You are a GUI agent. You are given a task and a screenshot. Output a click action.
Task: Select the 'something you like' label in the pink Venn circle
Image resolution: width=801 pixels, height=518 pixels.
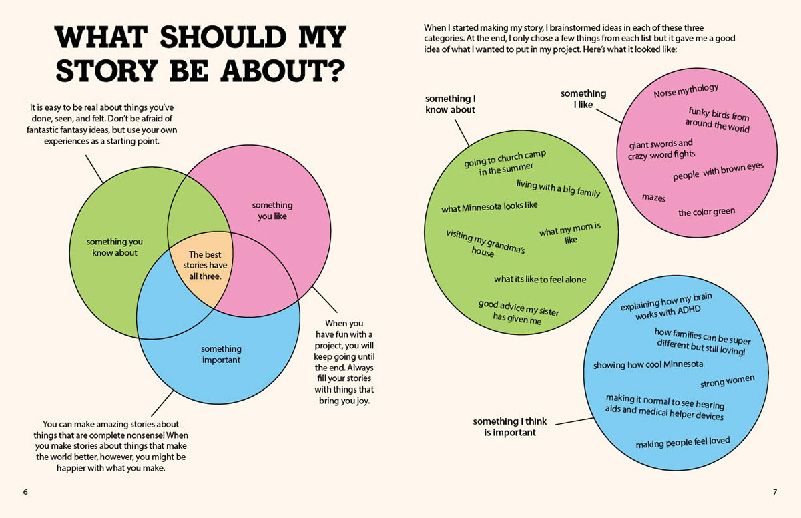[272, 210]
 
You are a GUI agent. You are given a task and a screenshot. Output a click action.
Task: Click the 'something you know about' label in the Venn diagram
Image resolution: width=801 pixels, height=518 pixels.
[115, 247]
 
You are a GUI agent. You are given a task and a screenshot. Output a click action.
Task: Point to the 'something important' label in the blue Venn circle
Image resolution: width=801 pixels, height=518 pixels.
[221, 354]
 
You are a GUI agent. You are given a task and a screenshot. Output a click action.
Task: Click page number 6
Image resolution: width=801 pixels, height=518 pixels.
[25, 492]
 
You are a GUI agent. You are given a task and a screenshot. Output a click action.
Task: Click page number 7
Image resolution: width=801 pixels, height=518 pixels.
[775, 492]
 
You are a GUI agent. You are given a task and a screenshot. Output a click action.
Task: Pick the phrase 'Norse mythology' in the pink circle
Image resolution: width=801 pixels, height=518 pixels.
[686, 90]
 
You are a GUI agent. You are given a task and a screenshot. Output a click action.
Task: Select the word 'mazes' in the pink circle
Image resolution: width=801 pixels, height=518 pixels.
[653, 198]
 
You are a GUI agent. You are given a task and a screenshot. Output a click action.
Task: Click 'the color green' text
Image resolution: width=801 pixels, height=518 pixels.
[706, 212]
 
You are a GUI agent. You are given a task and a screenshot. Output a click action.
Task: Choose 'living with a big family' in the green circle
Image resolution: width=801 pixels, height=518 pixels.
[558, 188]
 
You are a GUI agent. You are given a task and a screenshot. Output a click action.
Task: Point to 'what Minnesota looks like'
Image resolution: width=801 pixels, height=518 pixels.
[489, 207]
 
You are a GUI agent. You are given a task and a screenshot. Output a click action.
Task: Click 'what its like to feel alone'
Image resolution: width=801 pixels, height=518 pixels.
[540, 280]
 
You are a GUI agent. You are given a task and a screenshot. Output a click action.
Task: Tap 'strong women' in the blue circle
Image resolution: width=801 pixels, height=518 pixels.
[727, 382]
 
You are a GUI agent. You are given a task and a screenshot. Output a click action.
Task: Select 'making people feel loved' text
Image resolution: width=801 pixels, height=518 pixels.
[682, 443]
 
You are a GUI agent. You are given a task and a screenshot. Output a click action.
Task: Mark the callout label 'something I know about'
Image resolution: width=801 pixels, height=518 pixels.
[450, 104]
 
